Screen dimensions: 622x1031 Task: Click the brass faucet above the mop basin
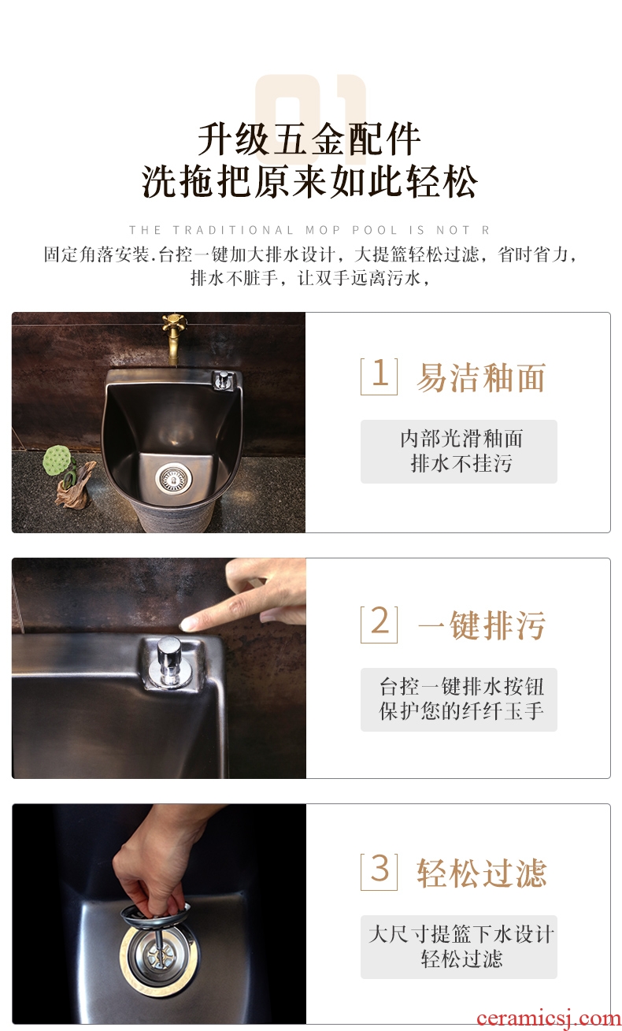173,339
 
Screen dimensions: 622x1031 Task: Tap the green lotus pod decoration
57,458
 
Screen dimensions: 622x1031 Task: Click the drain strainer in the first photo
174,479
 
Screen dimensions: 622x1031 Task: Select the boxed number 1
379,376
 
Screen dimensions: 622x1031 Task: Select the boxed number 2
379,624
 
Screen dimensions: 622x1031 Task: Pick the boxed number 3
379,872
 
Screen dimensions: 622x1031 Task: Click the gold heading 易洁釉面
481,377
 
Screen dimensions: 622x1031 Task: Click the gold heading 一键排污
482,625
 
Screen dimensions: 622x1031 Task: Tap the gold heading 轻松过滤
482,873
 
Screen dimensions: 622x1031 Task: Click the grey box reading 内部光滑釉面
459,451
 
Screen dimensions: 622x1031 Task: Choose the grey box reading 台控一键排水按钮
459,699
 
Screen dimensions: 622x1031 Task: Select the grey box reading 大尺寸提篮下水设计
459,948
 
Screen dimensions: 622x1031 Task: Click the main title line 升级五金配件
309,139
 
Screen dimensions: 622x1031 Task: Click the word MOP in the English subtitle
323,230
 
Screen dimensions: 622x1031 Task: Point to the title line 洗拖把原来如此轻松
309,181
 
